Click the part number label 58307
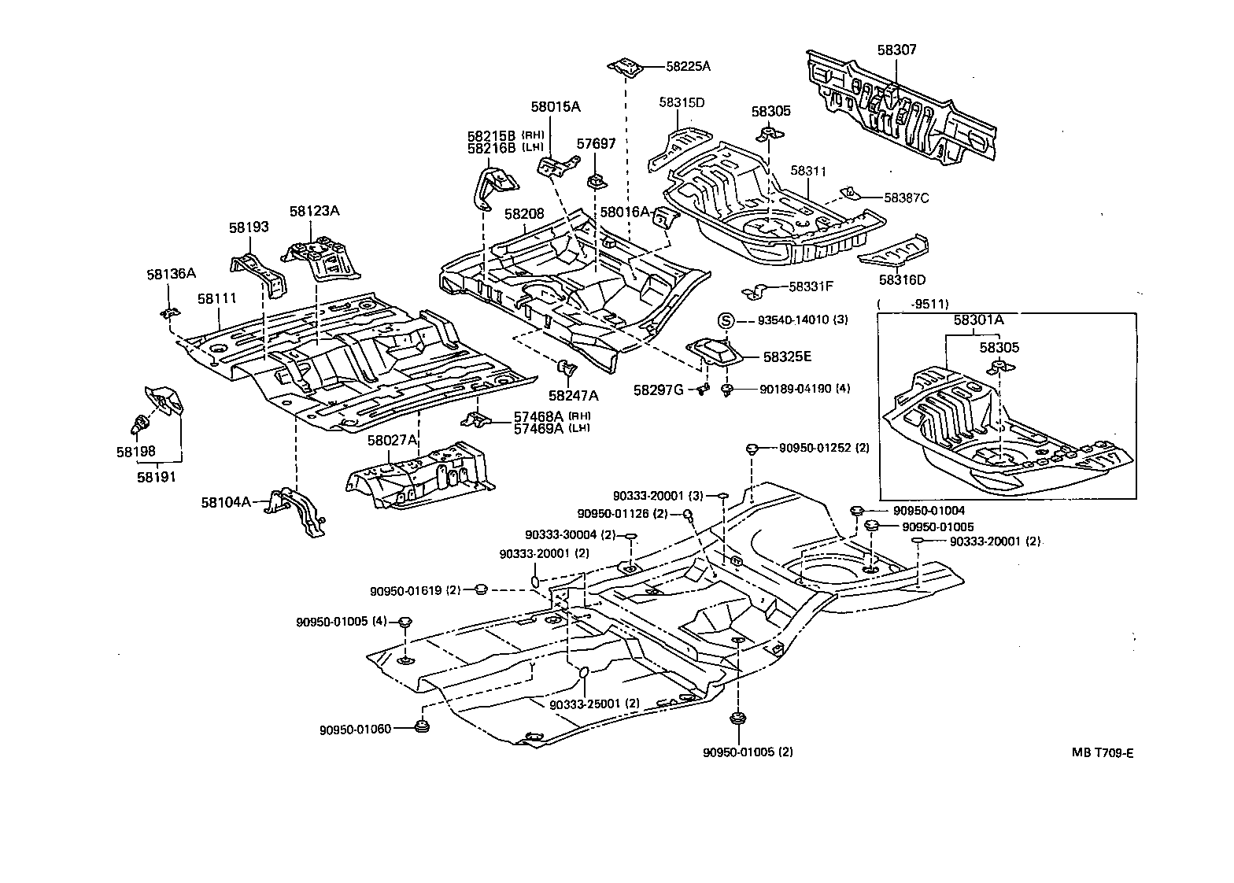(x=897, y=50)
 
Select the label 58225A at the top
(x=688, y=67)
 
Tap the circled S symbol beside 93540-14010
(x=725, y=320)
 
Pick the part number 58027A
(x=392, y=441)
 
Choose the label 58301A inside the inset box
(x=980, y=320)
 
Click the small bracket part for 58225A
(x=626, y=68)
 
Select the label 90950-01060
(x=354, y=730)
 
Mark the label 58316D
(x=903, y=280)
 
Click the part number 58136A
(x=171, y=274)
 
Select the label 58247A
(x=574, y=395)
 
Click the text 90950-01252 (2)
(x=824, y=448)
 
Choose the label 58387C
(x=906, y=198)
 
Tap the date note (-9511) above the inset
(x=913, y=304)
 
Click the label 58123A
(x=314, y=211)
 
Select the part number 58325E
(x=787, y=357)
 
